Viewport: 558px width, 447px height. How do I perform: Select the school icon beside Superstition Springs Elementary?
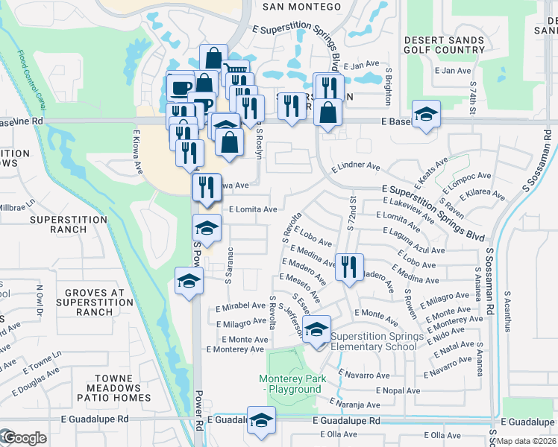pyautogui.click(x=317, y=330)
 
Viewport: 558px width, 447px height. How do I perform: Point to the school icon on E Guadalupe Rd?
pyautogui.click(x=261, y=422)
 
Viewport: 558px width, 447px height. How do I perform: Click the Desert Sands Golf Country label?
pyautogui.click(x=444, y=45)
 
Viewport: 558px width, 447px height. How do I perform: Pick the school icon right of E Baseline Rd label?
pyautogui.click(x=426, y=114)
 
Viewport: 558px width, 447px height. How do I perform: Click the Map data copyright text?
pyautogui.click(x=527, y=441)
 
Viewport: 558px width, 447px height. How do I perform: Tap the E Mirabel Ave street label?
pyautogui.click(x=240, y=306)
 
